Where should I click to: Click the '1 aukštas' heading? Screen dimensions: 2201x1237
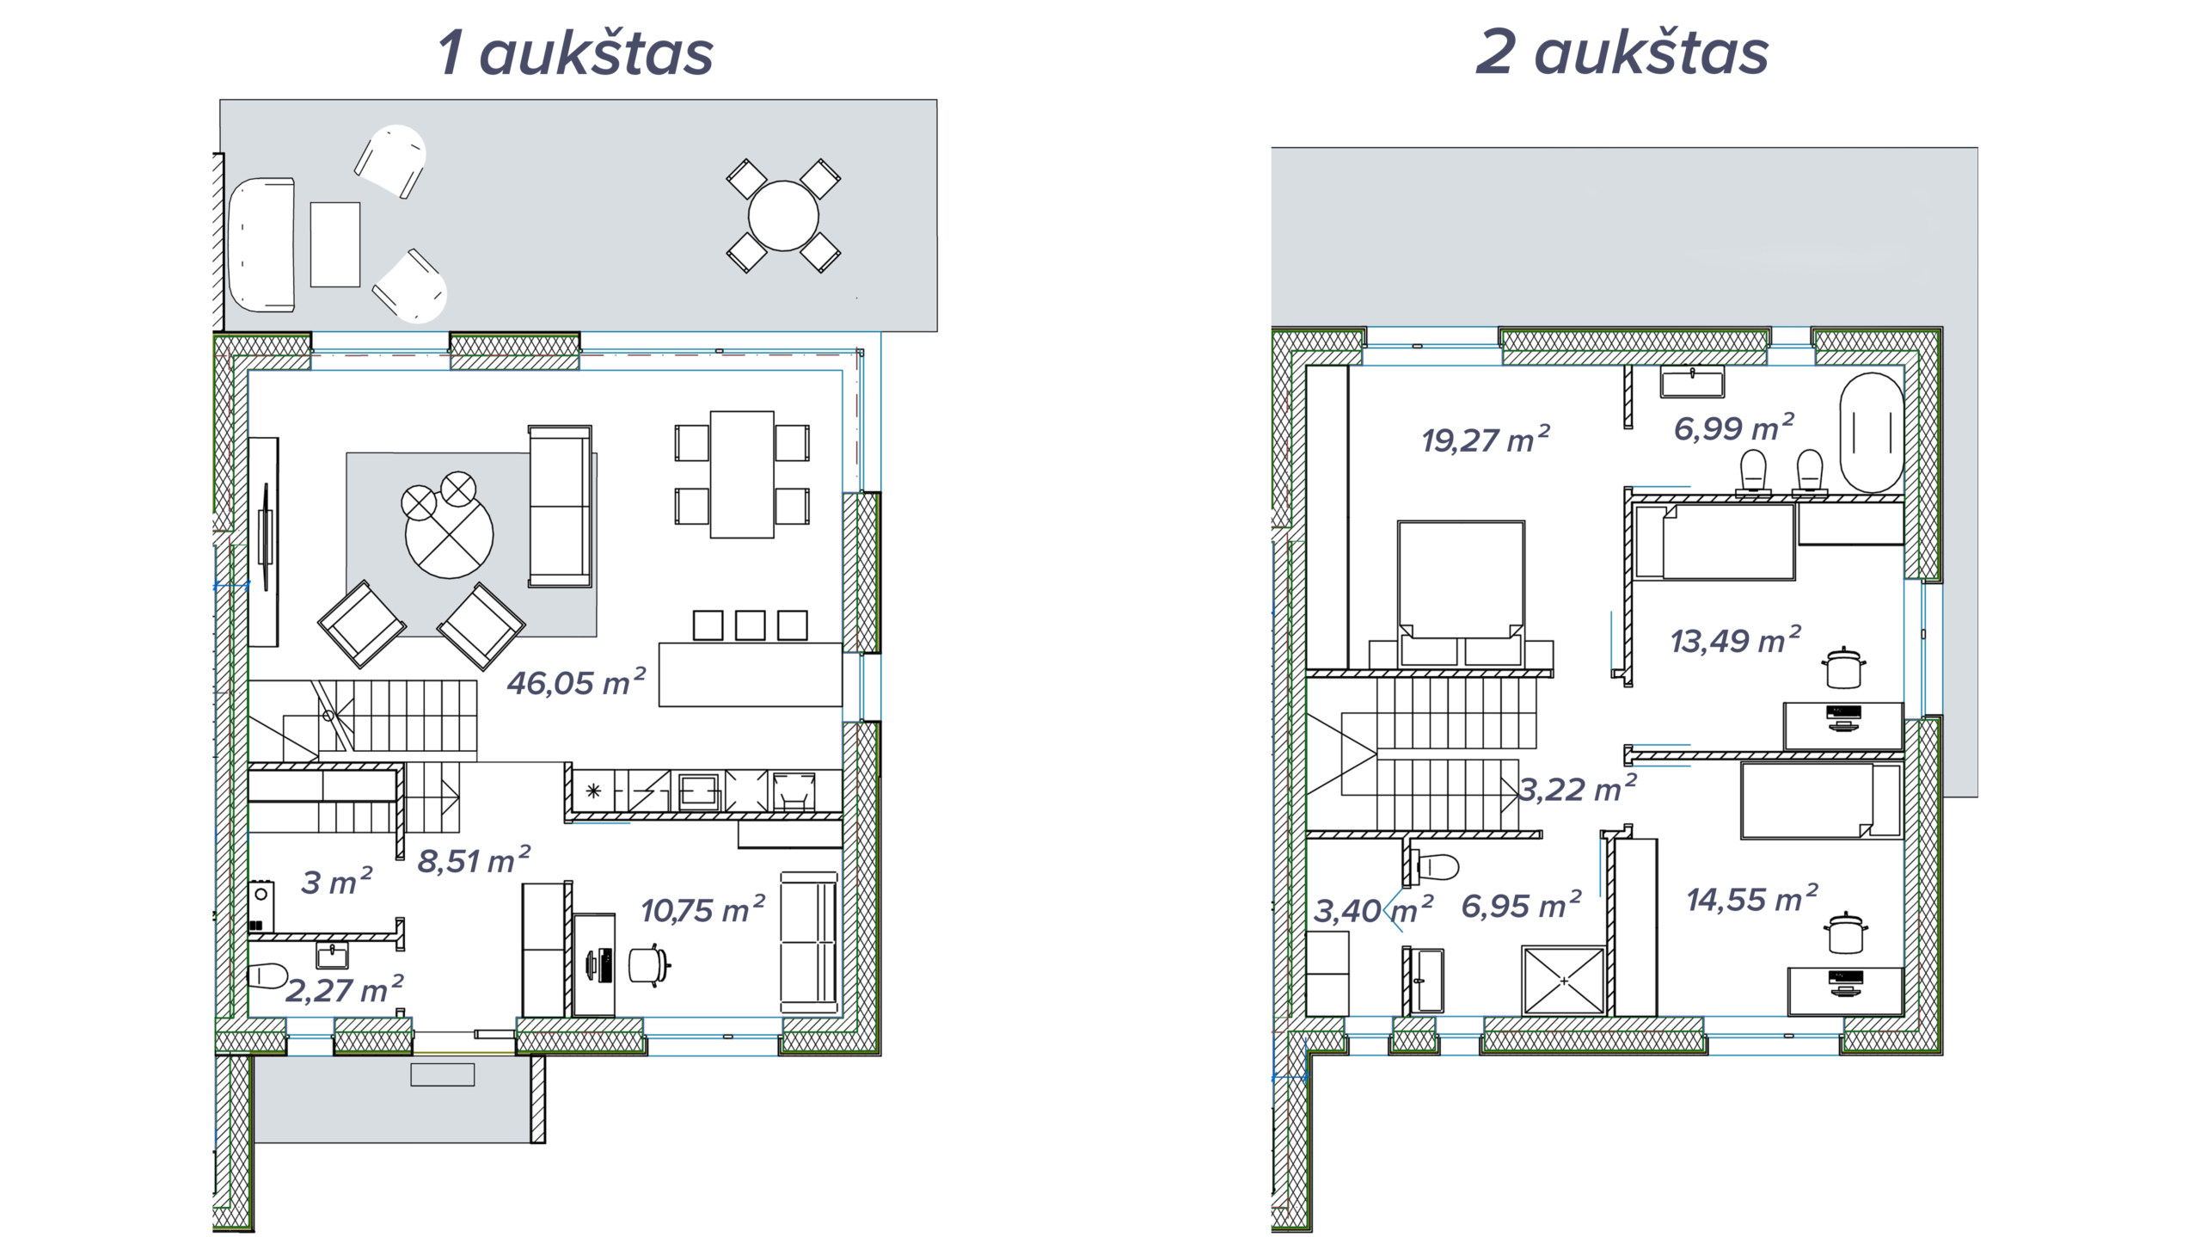click(x=575, y=52)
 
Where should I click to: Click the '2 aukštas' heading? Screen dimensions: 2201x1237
click(x=1622, y=52)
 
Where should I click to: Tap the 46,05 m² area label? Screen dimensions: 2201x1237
click(x=576, y=682)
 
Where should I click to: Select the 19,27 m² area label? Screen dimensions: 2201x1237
click(x=1485, y=440)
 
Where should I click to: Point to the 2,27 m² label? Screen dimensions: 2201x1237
click(x=344, y=989)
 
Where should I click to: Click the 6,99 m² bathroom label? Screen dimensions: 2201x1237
click(x=1733, y=428)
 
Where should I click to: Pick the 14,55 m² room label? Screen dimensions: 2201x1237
click(x=1752, y=899)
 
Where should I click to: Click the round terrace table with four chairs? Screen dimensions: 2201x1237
click(x=783, y=216)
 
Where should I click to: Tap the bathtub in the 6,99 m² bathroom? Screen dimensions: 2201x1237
click(x=1872, y=433)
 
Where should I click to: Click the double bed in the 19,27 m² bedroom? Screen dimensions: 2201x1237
click(x=1461, y=593)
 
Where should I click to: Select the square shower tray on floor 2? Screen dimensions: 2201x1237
click(x=1564, y=981)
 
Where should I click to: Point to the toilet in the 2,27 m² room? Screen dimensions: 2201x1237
click(x=267, y=975)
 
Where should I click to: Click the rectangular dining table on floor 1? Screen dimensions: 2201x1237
click(x=742, y=474)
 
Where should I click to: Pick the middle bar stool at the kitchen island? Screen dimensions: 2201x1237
click(x=750, y=625)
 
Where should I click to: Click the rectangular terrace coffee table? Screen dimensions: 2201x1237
click(x=335, y=244)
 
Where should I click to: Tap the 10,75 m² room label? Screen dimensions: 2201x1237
click(x=703, y=909)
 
